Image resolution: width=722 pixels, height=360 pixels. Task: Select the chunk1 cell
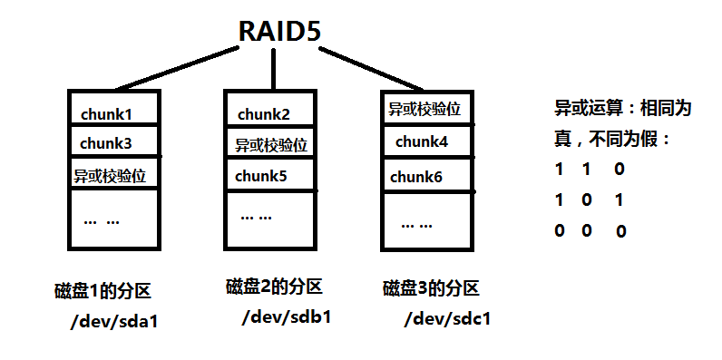tap(106, 114)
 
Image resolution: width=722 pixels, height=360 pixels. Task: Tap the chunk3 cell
tap(106, 143)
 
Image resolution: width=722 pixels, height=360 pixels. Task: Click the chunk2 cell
tap(264, 114)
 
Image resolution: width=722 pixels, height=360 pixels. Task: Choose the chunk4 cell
tap(421, 142)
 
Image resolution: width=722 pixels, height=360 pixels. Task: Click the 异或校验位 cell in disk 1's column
tap(110, 174)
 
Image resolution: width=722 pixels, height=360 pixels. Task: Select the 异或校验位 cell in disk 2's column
tap(269, 145)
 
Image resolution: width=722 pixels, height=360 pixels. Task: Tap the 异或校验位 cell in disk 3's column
tap(424, 110)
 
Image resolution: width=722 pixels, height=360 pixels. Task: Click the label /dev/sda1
tap(107, 321)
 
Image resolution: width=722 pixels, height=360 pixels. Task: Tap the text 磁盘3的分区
tap(430, 289)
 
